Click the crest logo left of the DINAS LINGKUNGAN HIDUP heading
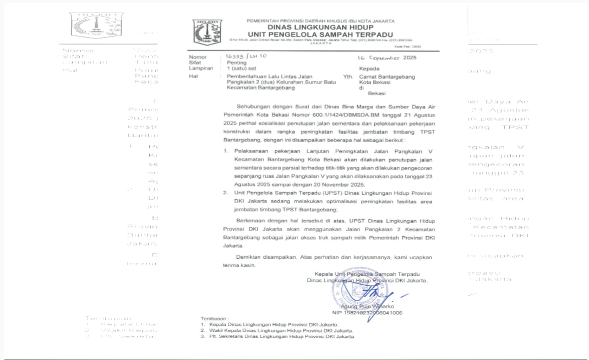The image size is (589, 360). coord(208,32)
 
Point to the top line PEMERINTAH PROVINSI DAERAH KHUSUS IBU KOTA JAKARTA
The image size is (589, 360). coord(320,21)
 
